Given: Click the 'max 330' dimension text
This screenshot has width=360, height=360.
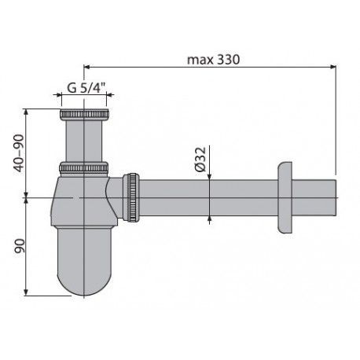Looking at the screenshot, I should point(211,59).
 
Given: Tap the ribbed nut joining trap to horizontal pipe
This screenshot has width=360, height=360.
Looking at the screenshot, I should point(134,196).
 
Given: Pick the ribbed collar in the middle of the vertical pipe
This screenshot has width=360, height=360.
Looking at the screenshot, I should point(83,167).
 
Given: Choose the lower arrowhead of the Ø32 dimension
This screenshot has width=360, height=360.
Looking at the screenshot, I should point(209,218).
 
